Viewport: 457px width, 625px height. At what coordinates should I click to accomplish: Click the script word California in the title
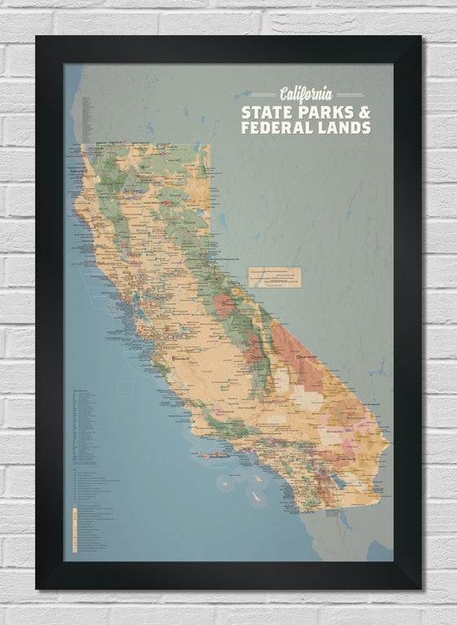pyautogui.click(x=306, y=94)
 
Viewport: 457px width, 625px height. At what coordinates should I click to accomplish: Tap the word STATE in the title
pyautogui.click(x=264, y=112)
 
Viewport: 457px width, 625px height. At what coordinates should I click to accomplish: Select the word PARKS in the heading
pyautogui.click(x=321, y=112)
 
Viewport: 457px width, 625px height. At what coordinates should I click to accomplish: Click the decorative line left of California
pyautogui.click(x=264, y=95)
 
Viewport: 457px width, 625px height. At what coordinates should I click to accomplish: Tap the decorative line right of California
pyautogui.click(x=349, y=95)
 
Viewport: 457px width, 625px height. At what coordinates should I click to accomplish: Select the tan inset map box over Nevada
pyautogui.click(x=275, y=277)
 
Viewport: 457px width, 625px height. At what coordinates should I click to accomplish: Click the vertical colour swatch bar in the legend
pyautogui.click(x=75, y=530)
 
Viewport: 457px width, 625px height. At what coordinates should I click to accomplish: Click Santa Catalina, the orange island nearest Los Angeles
pyautogui.click(x=256, y=480)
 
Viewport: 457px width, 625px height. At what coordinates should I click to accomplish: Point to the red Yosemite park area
pyautogui.click(x=224, y=306)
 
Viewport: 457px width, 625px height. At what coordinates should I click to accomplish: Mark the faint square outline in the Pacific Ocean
pyautogui.click(x=124, y=388)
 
